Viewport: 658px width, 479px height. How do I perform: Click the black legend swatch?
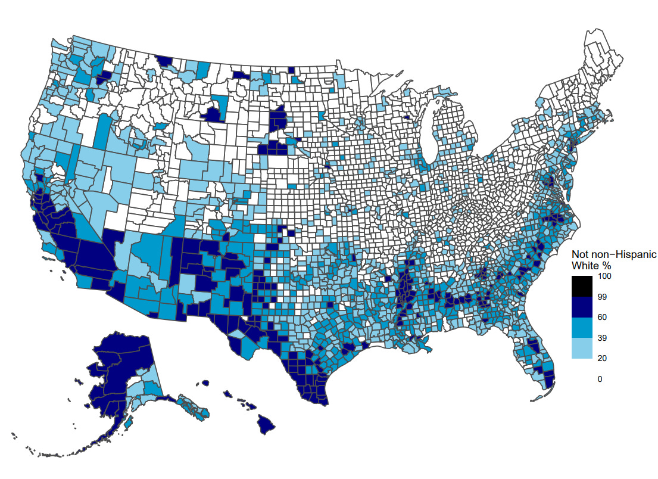[582, 286]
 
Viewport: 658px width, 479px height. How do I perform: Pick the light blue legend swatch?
[582, 349]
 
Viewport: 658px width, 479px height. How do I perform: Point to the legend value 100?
[604, 276]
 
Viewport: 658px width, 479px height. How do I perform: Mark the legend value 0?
[600, 379]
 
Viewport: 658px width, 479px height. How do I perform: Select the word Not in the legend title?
[580, 254]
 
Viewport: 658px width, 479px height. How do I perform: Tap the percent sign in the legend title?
[607, 265]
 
